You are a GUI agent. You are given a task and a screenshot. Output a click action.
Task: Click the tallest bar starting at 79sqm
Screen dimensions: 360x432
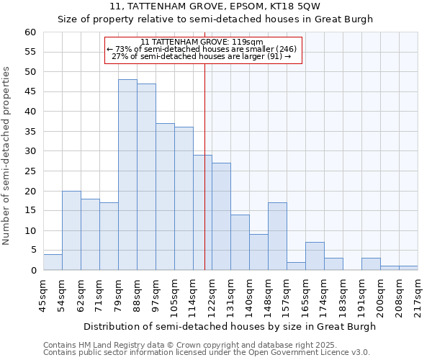127,175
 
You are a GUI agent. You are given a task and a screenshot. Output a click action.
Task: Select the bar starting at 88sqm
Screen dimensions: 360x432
146,177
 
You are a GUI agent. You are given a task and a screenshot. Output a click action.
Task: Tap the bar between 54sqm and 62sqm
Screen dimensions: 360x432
71,230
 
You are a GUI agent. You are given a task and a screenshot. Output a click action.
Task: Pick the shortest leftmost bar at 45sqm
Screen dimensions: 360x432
53,262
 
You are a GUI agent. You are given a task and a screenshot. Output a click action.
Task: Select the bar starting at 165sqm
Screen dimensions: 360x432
315,256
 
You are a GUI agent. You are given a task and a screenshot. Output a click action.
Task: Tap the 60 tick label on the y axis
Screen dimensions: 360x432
30,32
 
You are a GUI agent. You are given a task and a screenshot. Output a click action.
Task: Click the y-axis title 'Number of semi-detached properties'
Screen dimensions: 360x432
7,155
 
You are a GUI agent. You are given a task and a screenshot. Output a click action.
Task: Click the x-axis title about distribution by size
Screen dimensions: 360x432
230,327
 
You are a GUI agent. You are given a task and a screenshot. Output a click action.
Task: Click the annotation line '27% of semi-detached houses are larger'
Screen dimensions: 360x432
202,56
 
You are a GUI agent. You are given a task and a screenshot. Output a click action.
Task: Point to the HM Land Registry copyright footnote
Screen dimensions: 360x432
190,345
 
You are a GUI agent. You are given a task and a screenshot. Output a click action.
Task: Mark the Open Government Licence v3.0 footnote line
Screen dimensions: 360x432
207,353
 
